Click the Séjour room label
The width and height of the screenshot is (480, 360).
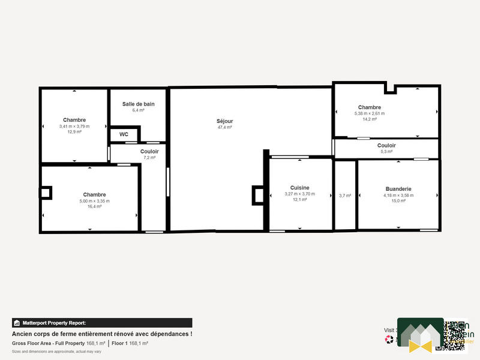[225, 121]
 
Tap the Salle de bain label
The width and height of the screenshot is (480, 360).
[138, 104]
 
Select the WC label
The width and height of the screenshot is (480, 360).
[124, 134]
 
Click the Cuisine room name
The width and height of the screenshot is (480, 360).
[299, 188]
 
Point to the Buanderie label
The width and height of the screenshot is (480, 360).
[398, 188]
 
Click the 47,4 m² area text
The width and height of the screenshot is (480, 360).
[225, 127]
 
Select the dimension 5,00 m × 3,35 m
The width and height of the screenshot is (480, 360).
[94, 201]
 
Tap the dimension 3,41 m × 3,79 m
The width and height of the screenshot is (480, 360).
[74, 126]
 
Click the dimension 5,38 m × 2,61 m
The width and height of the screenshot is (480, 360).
[370, 113]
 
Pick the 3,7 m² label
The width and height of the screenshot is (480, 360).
[345, 196]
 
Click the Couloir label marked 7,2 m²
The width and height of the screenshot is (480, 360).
[149, 151]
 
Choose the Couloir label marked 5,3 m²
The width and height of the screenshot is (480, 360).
[386, 145]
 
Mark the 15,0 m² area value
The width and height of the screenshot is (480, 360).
[398, 201]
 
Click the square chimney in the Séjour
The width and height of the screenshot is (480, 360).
[258, 195]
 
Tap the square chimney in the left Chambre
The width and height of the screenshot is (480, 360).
[46, 193]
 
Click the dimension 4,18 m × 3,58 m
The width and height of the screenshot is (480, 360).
[398, 194]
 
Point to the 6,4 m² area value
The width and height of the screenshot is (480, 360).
[138, 110]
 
